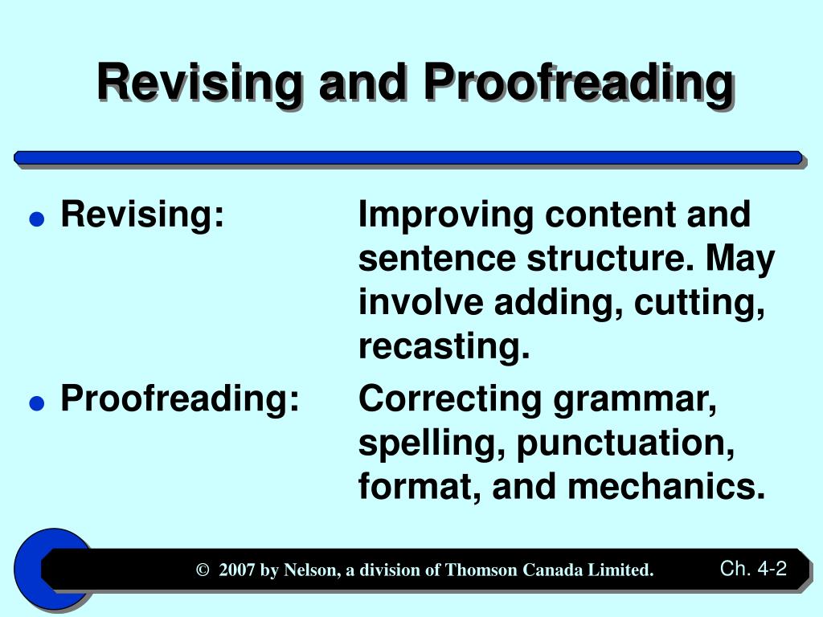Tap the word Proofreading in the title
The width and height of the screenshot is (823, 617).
(578, 83)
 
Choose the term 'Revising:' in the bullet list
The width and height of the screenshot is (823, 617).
(142, 215)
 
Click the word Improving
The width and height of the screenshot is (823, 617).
(446, 215)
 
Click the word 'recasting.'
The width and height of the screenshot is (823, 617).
(444, 347)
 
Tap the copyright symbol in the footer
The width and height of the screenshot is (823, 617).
(202, 570)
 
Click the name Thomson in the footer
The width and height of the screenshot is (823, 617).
(481, 570)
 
